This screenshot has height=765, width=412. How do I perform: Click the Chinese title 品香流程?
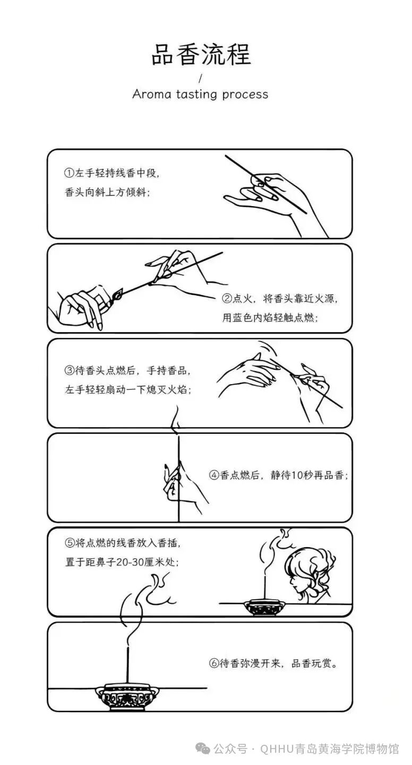coord(201,54)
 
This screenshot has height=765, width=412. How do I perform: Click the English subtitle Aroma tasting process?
coord(200,94)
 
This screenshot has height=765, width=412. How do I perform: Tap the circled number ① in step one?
coord(69,173)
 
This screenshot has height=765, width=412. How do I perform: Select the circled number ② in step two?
coord(227,299)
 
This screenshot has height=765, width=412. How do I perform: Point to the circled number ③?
coord(70,371)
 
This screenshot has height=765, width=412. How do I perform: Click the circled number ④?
coord(214,475)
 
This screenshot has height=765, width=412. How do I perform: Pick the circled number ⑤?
coord(70,543)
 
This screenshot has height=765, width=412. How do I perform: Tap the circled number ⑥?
coord(213,663)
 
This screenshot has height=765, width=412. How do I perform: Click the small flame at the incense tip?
coord(118,294)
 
